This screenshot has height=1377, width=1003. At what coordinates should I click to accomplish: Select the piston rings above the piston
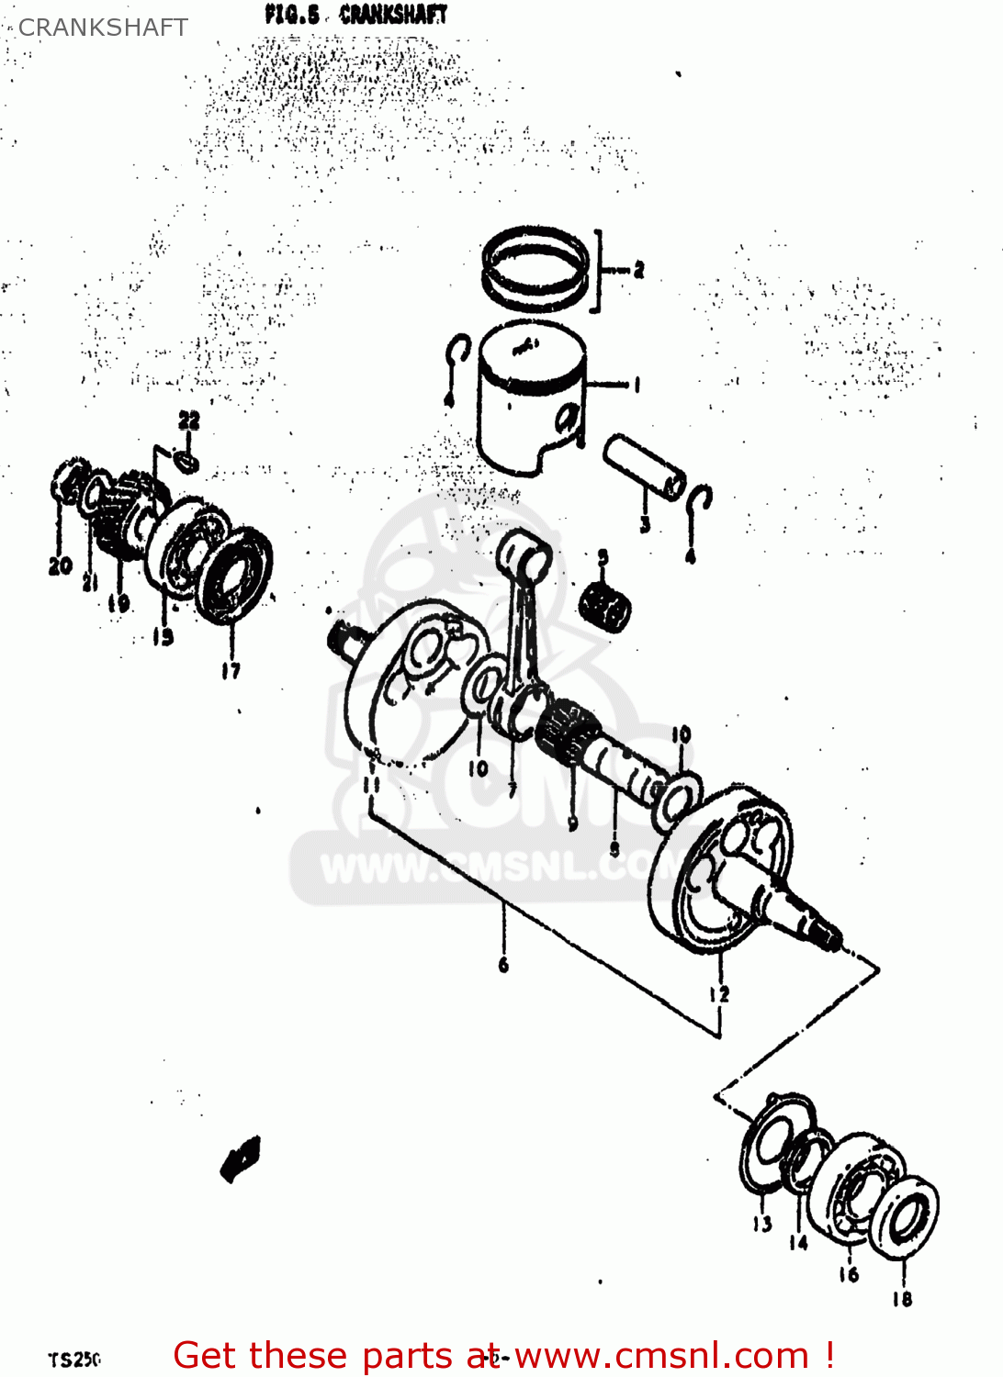tap(535, 267)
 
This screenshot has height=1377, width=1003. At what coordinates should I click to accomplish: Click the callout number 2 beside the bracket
tap(638, 269)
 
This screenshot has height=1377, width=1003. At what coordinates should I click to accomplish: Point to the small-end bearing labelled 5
tap(604, 607)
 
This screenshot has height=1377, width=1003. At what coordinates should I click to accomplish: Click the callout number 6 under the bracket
tap(503, 964)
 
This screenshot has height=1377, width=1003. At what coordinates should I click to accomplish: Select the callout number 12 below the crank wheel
tap(718, 993)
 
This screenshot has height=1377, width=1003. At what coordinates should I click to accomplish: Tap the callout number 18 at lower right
tap(902, 1298)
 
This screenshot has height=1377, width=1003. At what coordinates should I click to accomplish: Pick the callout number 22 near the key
tap(188, 421)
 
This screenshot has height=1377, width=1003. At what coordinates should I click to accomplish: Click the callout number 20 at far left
tap(60, 565)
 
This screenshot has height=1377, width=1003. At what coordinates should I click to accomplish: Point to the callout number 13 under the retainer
tap(762, 1223)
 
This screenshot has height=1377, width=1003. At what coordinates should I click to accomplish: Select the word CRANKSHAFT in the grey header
tap(103, 28)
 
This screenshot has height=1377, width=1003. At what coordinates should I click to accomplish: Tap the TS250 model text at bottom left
tap(74, 1360)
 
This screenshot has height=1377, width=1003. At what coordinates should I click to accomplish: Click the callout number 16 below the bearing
tap(848, 1274)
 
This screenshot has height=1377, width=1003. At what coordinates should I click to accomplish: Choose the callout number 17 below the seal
tap(231, 671)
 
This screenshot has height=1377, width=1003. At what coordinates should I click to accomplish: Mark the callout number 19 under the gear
tap(118, 603)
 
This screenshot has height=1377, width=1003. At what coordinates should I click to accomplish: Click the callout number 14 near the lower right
tap(798, 1242)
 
